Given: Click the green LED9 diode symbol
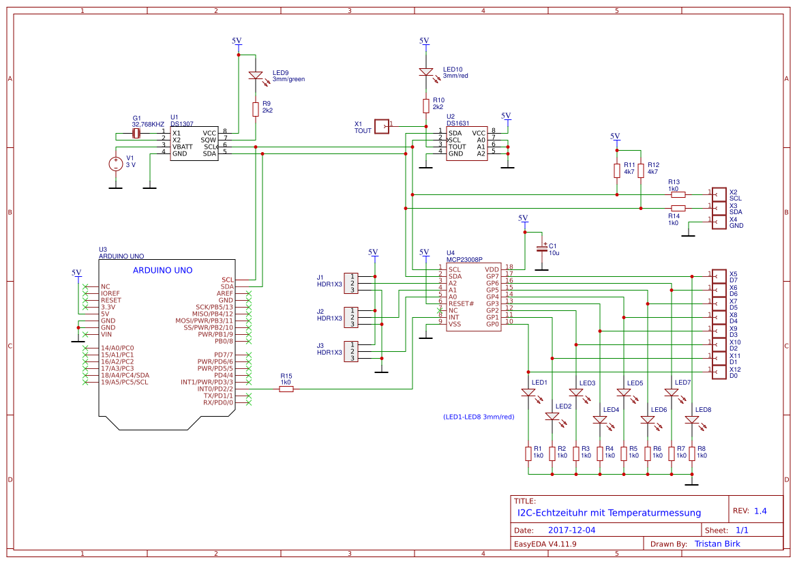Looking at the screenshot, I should [256, 76].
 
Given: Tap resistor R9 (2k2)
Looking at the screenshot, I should [256, 109].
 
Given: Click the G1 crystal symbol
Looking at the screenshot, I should [136, 134].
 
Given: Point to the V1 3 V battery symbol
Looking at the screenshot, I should [115, 164].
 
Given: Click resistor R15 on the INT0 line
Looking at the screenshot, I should [286, 389].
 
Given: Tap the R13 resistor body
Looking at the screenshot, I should [678, 194].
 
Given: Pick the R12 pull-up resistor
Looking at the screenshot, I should [641, 169].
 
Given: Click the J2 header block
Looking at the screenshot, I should [350, 317].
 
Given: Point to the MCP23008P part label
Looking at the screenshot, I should [464, 260].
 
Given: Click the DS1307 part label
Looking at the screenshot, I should [182, 123].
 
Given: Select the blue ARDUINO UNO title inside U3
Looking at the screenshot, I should [162, 270].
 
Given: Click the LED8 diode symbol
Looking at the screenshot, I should [692, 420].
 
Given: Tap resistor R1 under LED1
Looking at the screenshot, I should [528, 453].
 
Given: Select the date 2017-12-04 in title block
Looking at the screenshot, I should [571, 530].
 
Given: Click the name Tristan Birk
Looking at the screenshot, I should [717, 544].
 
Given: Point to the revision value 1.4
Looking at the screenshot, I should [760, 511].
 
